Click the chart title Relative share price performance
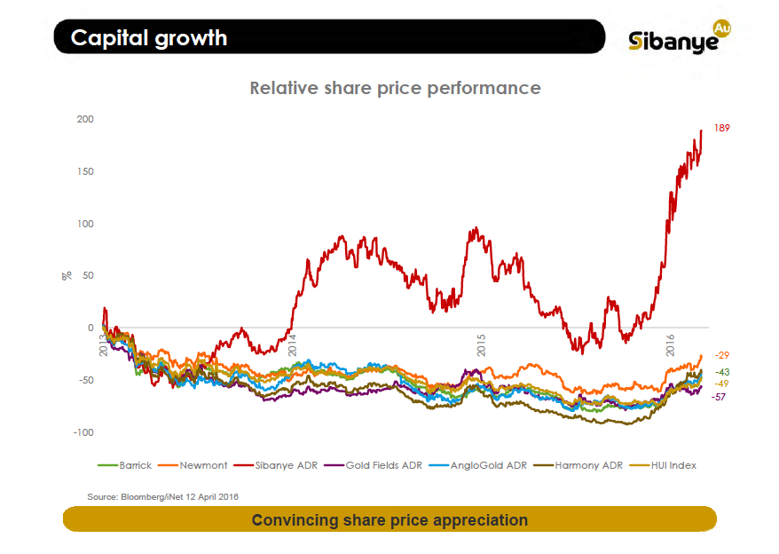pos(395,88)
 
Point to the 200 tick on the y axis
pos(85,119)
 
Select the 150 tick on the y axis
pos(85,171)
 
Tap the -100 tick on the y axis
pos(83,432)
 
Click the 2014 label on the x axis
pos(292,344)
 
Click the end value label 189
pos(722,129)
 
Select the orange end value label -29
pos(722,355)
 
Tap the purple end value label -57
pos(722,397)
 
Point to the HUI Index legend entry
pos(667,464)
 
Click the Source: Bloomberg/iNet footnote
pos(162,496)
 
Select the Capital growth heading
pos(149,38)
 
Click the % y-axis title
pos(66,276)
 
